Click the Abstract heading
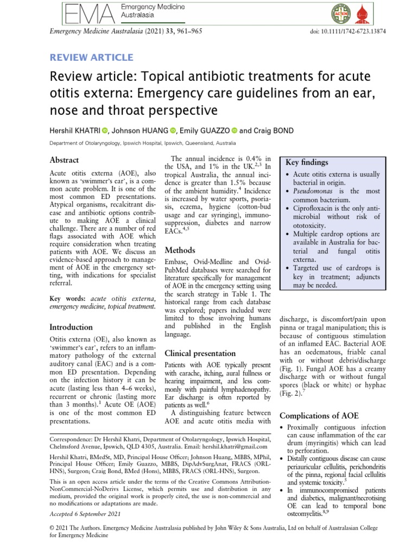point(64,160)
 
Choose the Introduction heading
point(71,327)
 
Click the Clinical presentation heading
point(200,353)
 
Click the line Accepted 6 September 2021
point(85,514)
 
